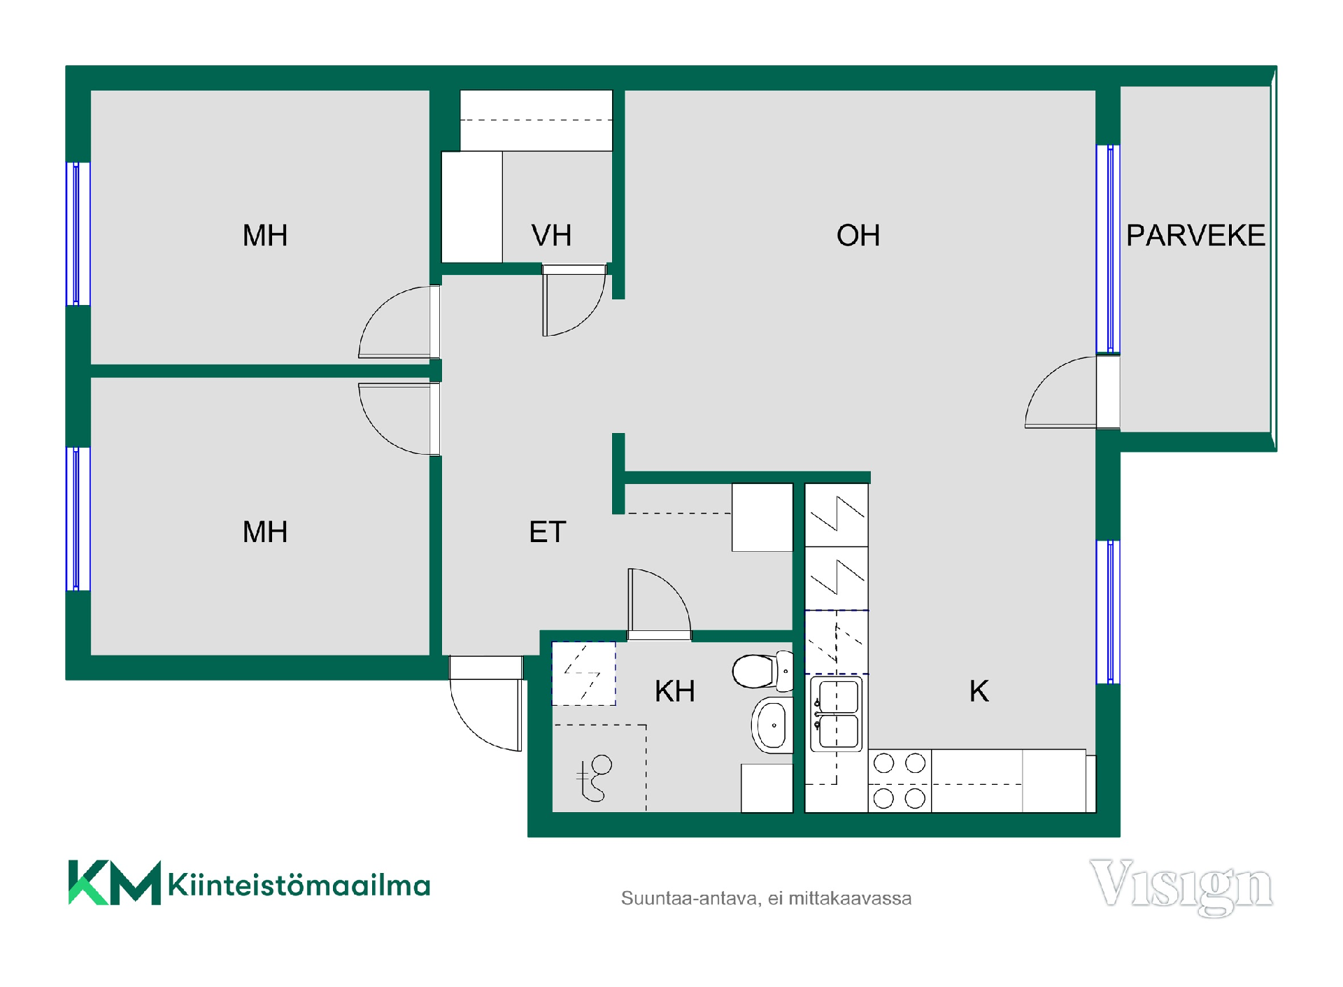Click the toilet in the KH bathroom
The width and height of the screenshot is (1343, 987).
tap(762, 671)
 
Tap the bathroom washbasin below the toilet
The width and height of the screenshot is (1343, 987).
tap(772, 725)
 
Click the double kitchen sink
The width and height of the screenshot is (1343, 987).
tap(837, 713)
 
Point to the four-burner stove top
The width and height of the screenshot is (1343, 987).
tap(900, 781)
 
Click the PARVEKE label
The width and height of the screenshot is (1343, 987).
tap(1195, 235)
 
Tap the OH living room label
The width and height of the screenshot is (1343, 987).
tap(858, 235)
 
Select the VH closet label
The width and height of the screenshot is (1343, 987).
tap(551, 235)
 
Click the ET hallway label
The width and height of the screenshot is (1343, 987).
tap(547, 532)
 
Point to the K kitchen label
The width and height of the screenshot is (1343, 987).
tap(979, 691)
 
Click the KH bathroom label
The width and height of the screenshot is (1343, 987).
tap(675, 691)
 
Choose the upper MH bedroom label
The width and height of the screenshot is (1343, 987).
tap(265, 235)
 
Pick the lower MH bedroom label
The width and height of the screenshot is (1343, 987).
tap(265, 532)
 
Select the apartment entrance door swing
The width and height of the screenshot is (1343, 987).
tap(471, 727)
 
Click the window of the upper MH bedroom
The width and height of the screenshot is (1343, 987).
tap(78, 234)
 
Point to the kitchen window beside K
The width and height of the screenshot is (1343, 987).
tap(1108, 612)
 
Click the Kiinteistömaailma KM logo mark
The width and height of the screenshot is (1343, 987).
tap(115, 882)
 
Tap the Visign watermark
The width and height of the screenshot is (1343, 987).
tap(1181, 886)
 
